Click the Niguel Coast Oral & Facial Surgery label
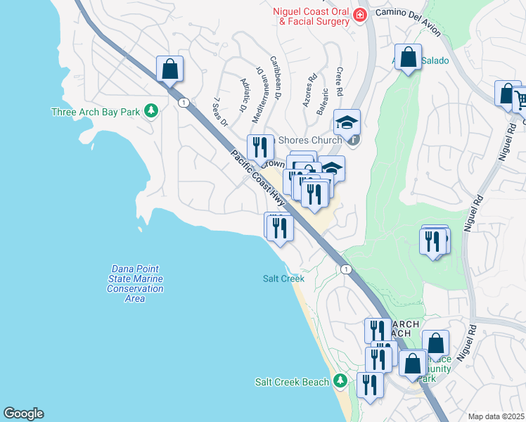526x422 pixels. [x=314, y=15]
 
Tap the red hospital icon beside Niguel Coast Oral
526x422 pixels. [x=360, y=15]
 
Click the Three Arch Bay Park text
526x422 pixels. [x=96, y=111]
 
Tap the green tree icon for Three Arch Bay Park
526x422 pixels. [x=150, y=110]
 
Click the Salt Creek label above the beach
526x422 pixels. [x=283, y=279]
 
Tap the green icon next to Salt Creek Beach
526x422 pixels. [x=340, y=381]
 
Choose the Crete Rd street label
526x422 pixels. [x=339, y=82]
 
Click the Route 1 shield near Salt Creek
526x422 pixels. [x=345, y=269]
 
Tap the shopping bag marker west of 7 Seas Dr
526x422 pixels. [x=169, y=70]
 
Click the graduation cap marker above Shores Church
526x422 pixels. [x=347, y=123]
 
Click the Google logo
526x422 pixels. [x=23, y=414]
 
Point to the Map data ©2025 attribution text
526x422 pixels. [x=496, y=416]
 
